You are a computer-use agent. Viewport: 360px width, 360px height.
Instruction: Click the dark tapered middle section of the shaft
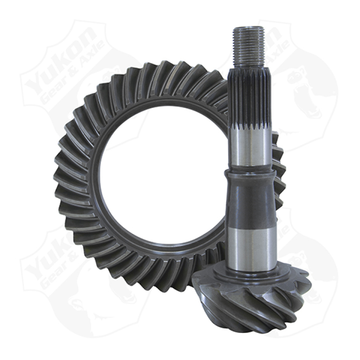(250, 198)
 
